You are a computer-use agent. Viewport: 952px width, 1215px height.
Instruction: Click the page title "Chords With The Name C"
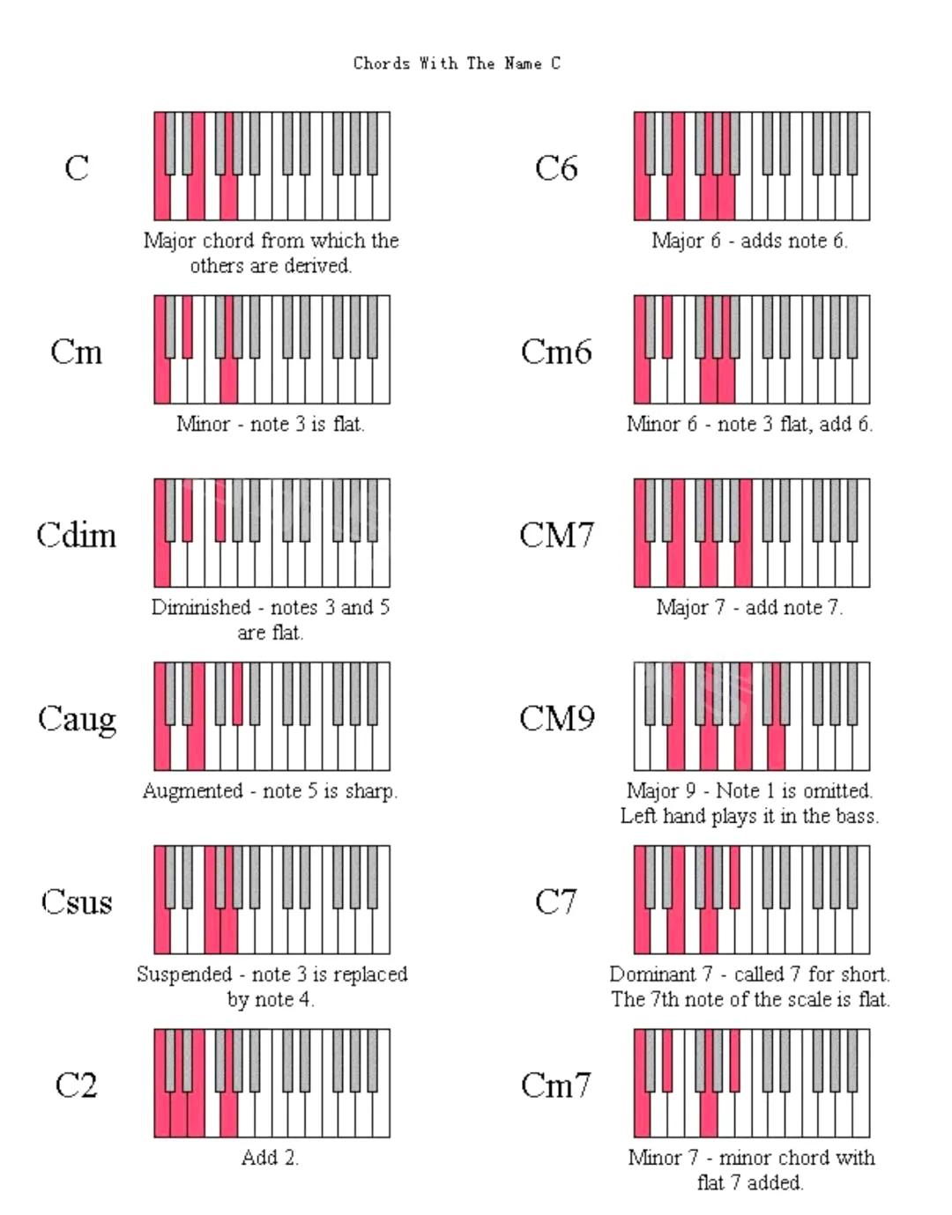click(457, 63)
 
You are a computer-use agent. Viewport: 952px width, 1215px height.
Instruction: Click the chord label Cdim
click(77, 536)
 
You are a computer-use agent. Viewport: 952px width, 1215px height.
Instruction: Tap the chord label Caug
click(77, 719)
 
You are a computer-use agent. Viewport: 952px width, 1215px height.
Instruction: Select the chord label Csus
click(77, 902)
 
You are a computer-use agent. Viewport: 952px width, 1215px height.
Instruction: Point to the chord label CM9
click(556, 719)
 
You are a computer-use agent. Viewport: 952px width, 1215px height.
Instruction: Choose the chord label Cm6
click(556, 352)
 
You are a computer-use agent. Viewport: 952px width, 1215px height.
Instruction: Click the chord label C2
click(76, 1085)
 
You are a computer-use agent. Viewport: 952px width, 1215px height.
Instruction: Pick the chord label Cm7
click(556, 1085)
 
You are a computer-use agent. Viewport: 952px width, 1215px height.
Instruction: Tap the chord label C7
click(556, 902)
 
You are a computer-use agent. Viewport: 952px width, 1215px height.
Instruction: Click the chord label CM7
click(556, 536)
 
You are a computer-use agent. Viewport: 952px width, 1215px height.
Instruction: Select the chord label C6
click(556, 168)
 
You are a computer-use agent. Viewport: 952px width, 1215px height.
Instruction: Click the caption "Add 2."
click(271, 1158)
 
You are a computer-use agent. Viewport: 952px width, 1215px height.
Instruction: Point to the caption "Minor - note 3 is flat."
click(271, 425)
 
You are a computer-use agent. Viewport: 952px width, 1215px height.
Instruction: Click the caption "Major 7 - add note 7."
click(749, 608)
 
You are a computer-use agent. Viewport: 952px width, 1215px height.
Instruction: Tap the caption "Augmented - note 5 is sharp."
click(271, 791)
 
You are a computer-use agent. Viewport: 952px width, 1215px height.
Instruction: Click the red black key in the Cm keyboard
click(187, 325)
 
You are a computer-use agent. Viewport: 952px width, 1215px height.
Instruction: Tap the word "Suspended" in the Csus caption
click(184, 974)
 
